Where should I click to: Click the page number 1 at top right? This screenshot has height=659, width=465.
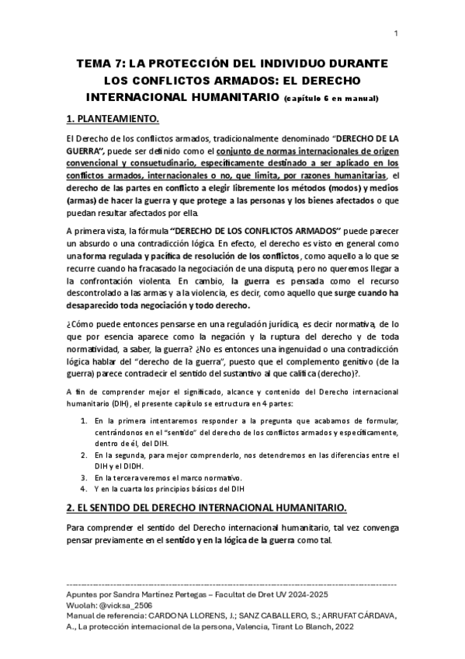[x=396, y=33]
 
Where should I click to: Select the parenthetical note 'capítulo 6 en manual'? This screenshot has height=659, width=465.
[x=331, y=99]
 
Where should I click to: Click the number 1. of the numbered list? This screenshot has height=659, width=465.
[x=84, y=420]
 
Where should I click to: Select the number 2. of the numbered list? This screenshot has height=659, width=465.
[x=84, y=455]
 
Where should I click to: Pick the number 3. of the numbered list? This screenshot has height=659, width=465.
[x=84, y=477]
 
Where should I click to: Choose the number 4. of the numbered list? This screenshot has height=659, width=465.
[x=84, y=490]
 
